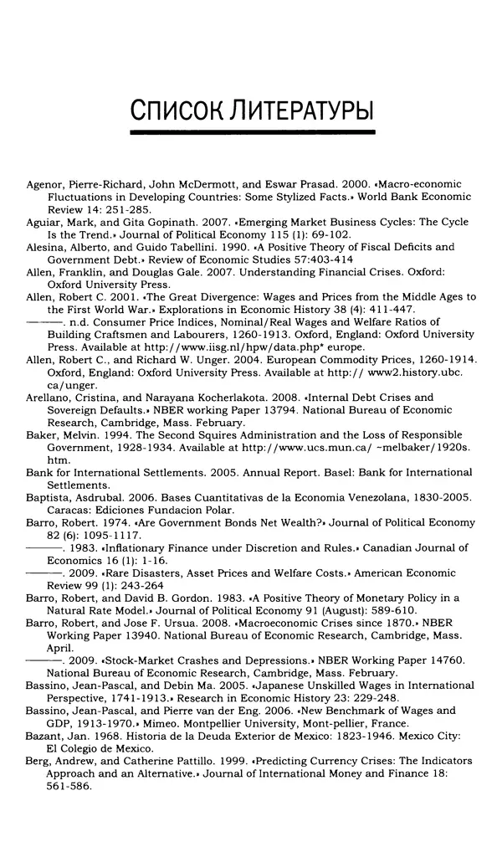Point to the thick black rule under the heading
[x=253, y=132]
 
